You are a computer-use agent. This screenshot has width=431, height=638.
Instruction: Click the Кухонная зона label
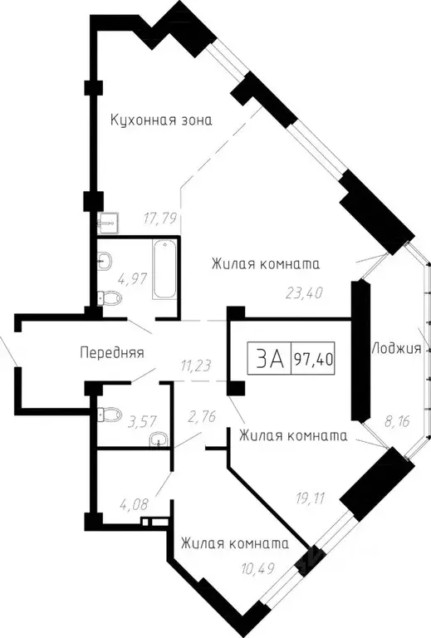pos(162,120)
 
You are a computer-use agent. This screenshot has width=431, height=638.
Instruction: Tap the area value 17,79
pos(159,220)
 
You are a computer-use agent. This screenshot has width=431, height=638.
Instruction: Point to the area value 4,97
pos(131,278)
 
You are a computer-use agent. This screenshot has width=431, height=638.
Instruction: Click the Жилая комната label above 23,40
pos(266,263)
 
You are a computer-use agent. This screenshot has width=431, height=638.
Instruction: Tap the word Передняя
pos(111,352)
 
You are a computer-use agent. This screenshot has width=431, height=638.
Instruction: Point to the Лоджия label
pos(396,348)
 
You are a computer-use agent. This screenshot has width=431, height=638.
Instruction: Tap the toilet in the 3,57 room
pos(106,410)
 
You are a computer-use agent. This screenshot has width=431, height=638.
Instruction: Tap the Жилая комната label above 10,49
pos(235,544)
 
